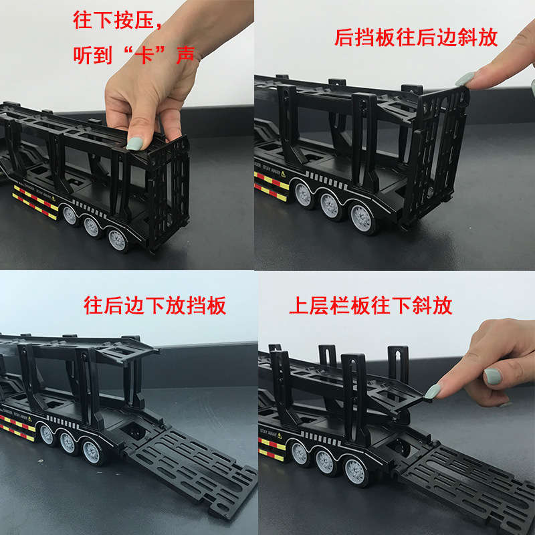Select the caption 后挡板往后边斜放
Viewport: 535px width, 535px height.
click(416, 37)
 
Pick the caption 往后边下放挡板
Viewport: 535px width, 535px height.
click(155, 306)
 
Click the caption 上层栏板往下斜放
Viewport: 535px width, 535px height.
click(370, 306)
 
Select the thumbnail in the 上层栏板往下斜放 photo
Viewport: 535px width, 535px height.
click(493, 377)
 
